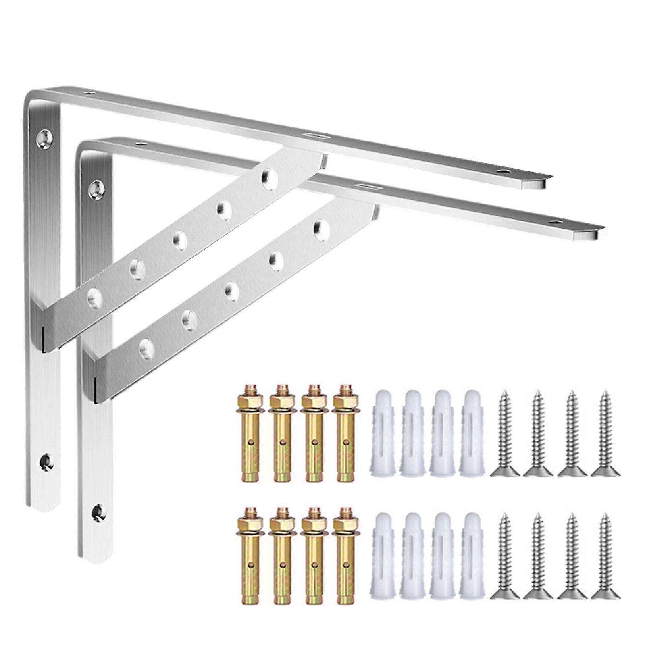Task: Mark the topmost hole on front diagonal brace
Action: click(x=320, y=228)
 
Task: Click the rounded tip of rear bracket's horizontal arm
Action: click(x=540, y=181)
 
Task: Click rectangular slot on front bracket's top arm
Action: click(x=366, y=186)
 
